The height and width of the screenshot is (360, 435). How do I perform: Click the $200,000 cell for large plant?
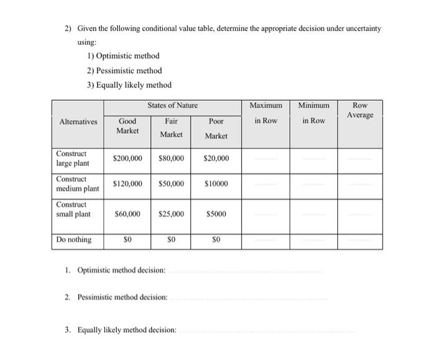tap(127, 159)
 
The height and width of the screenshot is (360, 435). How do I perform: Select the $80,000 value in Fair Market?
tap(172, 159)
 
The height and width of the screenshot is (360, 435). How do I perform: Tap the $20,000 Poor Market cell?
tap(216, 159)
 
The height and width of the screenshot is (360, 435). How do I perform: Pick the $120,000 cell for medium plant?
tap(127, 184)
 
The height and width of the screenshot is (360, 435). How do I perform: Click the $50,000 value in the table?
tap(172, 184)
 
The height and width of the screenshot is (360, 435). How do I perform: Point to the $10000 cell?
tap(216, 184)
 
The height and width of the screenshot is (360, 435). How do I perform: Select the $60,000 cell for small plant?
tap(127, 214)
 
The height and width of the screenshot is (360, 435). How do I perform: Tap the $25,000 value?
tap(172, 214)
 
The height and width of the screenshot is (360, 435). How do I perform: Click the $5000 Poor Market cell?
tap(216, 214)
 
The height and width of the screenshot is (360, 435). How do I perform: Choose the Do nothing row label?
tap(74, 239)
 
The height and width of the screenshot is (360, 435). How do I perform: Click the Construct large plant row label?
tap(73, 158)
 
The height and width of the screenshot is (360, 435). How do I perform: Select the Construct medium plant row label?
tap(77, 183)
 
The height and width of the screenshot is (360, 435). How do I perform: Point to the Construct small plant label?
tap(73, 209)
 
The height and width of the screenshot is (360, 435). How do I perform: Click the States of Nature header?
tap(172, 106)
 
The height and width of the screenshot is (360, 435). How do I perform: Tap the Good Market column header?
tap(127, 126)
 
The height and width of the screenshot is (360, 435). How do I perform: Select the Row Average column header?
tap(360, 111)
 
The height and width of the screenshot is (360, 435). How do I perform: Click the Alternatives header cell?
tap(77, 121)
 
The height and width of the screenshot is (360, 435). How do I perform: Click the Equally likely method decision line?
tap(267, 330)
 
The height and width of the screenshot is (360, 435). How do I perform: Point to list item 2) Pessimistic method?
tap(124, 70)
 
